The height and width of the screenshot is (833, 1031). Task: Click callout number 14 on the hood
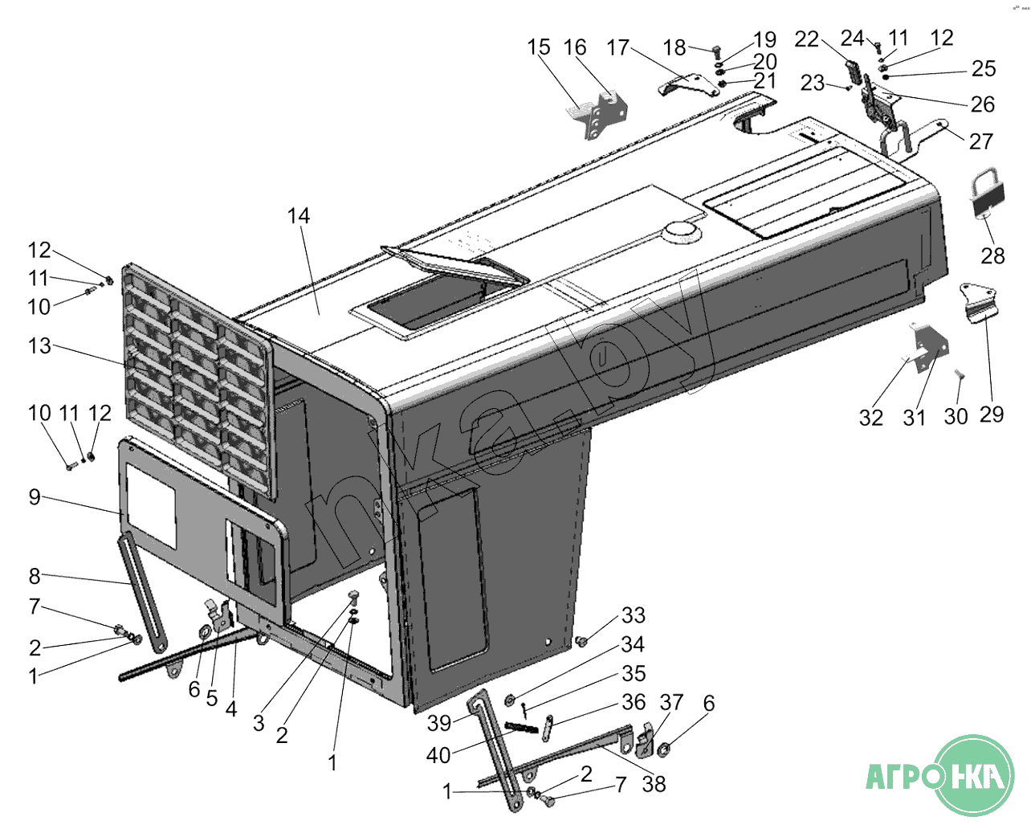click(298, 216)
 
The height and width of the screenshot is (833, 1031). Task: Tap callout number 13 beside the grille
click(39, 346)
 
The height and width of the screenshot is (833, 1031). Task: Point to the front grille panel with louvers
click(196, 378)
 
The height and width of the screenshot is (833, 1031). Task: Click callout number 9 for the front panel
click(35, 497)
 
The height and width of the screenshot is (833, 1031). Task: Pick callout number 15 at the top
click(539, 47)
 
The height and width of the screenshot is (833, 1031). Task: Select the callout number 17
click(617, 48)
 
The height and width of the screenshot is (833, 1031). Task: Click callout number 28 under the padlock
click(992, 256)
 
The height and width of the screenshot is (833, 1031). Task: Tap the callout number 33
click(633, 615)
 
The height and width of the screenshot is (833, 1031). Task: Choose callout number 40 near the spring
click(438, 755)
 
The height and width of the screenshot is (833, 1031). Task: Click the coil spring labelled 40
click(521, 729)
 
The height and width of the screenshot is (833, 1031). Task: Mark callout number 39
click(438, 723)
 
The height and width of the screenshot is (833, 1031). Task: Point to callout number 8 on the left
click(35, 576)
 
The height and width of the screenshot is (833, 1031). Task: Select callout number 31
click(914, 418)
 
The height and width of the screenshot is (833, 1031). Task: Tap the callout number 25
click(983, 69)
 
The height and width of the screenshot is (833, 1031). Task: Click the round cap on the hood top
click(683, 232)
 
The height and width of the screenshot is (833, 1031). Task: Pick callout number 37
click(671, 703)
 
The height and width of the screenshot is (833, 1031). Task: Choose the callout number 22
click(806, 39)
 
